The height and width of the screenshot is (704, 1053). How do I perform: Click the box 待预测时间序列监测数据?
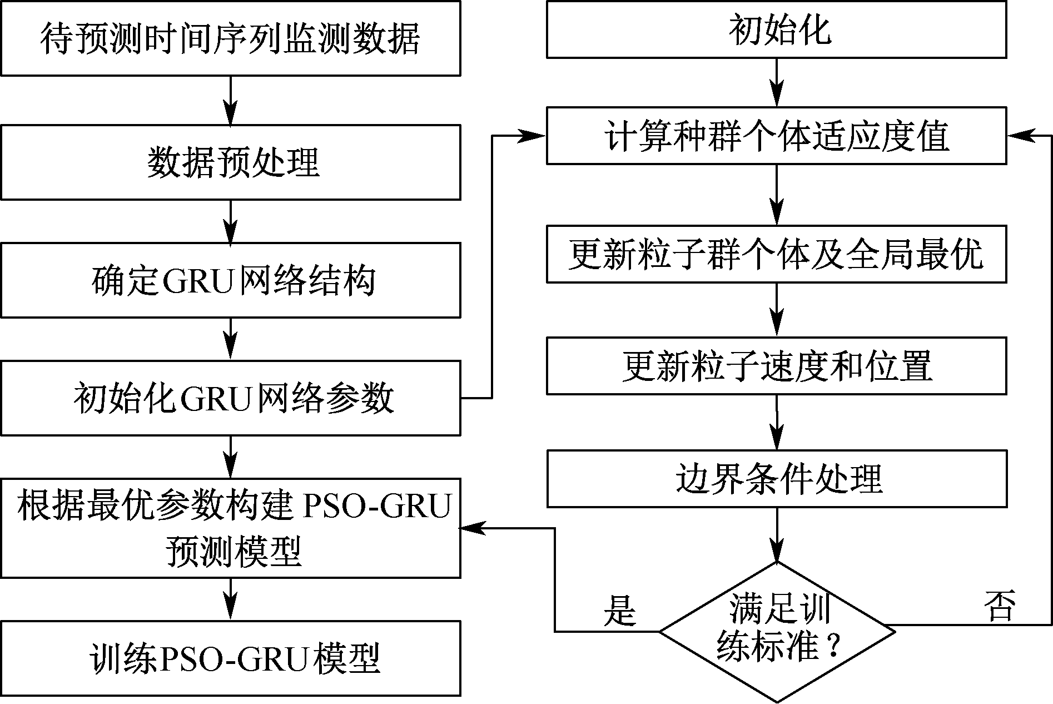pos(230,38)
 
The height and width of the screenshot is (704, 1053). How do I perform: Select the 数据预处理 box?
pos(230,162)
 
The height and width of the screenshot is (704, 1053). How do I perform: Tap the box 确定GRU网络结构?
pos(230,280)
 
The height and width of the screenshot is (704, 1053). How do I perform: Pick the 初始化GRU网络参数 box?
pos(230,398)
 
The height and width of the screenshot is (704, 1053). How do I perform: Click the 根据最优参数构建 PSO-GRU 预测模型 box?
pos(230,527)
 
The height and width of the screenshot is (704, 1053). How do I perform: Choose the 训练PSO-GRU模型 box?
pos(230,658)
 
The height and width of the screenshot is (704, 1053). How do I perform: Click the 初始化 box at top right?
pos(776,29)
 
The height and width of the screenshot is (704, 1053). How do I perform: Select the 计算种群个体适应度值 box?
pos(776,136)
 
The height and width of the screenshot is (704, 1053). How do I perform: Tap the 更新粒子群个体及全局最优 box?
pos(776,254)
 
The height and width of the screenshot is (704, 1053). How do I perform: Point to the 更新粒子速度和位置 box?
pos(776,365)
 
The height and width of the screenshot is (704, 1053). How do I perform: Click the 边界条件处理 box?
pos(776,478)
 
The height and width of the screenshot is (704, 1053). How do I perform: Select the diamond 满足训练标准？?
pos(777,632)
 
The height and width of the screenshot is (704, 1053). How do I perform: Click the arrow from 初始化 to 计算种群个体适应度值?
pos(776,82)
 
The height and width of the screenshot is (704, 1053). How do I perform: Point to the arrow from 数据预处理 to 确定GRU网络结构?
pos(230,221)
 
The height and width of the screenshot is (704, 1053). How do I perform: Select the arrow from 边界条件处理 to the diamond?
pos(777,534)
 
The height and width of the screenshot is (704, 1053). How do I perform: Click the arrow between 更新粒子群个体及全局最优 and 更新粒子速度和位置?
pos(776,309)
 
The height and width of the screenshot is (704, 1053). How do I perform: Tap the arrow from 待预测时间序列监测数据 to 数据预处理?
pos(230,100)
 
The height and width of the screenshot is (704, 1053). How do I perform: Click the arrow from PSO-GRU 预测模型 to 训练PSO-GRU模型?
pos(230,599)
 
